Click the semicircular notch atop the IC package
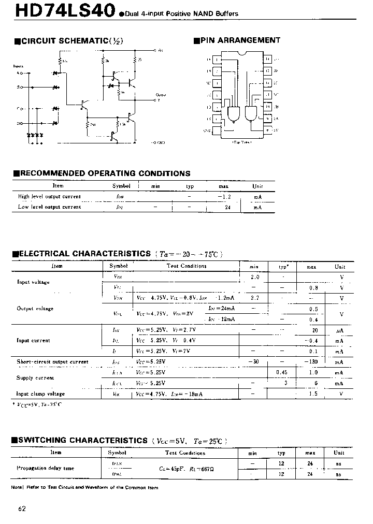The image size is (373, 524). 241,53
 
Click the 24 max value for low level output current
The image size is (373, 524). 226,207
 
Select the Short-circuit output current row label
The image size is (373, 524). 52,362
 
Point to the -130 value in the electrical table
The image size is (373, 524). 311,362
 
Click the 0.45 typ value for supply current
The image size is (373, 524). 282,372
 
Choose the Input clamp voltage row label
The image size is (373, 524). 40,394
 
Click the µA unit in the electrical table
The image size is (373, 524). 340,330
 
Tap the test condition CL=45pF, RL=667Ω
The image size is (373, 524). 185,469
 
